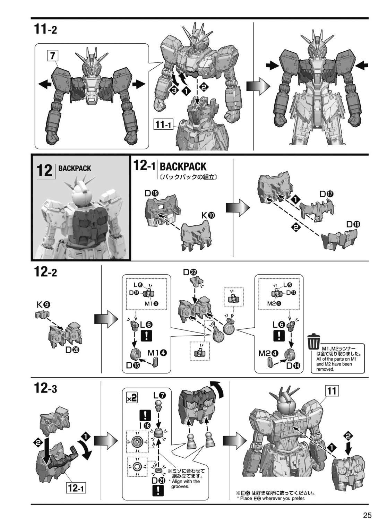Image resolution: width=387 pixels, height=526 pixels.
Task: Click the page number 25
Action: (x=367, y=515)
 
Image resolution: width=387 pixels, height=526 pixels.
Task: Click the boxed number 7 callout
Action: (x=53, y=56)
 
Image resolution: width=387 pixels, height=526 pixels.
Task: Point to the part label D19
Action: (x=152, y=193)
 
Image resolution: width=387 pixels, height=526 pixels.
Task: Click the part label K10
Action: (x=208, y=215)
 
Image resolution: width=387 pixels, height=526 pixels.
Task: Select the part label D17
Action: (x=326, y=194)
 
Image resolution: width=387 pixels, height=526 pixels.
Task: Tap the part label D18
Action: (x=353, y=224)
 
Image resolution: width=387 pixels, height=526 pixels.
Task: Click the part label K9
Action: (x=43, y=305)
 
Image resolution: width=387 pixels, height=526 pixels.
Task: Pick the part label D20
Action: (x=72, y=350)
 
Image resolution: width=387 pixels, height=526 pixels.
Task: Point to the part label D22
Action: (x=190, y=272)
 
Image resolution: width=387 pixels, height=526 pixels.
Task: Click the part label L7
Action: (x=160, y=395)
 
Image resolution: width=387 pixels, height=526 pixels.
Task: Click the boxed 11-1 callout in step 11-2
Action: (x=163, y=124)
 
